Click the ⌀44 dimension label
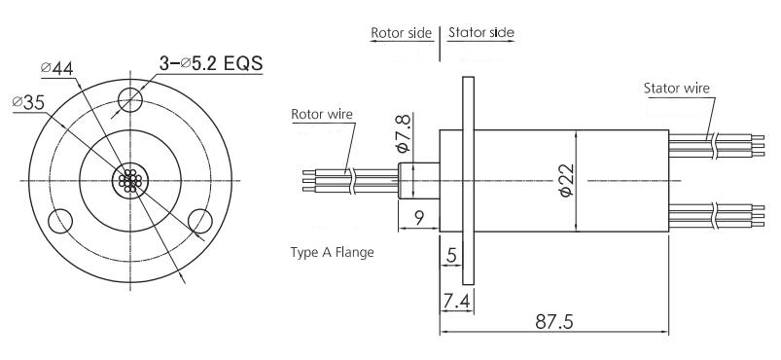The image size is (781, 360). click(x=57, y=68)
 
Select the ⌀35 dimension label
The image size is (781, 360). click(x=28, y=102)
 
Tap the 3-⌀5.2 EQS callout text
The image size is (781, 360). click(x=211, y=63)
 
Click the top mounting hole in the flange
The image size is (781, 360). click(x=130, y=99)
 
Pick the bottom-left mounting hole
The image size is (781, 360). click(x=60, y=221)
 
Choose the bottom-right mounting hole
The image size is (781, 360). click(x=200, y=221)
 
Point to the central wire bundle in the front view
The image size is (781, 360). click(x=130, y=181)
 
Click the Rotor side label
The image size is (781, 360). click(x=401, y=33)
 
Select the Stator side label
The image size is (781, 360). click(x=481, y=33)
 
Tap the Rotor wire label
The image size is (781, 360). click(x=322, y=114)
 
